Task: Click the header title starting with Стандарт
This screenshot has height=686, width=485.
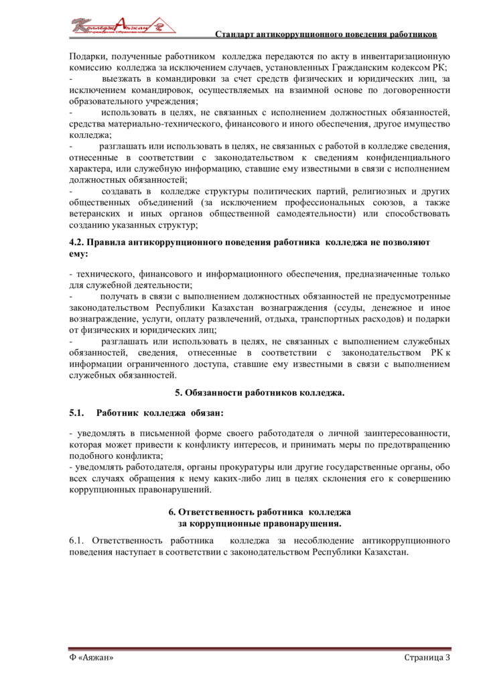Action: [326, 33]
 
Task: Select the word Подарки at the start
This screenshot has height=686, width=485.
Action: [86, 56]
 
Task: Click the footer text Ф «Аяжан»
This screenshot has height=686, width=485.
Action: [91, 658]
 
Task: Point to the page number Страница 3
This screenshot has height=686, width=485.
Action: [427, 658]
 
